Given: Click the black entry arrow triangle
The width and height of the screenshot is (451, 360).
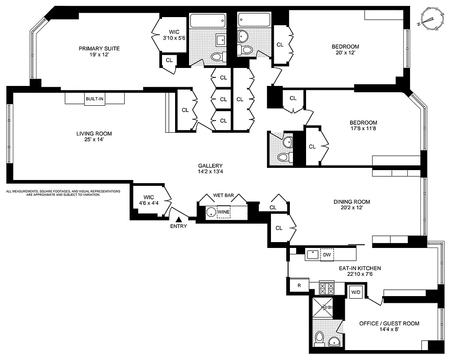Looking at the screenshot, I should tap(179, 219).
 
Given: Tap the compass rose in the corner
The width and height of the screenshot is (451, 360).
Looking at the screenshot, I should tap(431, 19).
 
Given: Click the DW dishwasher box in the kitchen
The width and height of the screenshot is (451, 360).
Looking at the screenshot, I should tap(327, 255).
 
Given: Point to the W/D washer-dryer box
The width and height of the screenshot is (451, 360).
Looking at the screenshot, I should tap(356, 292).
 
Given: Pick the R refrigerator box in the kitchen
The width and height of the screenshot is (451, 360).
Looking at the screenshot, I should tap(298, 285).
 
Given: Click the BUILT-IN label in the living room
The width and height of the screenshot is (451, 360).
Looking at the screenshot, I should tap(95, 99).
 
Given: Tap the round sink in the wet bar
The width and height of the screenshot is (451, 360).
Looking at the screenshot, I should tap(210, 212).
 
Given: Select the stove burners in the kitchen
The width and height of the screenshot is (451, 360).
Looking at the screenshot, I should tap(326, 287).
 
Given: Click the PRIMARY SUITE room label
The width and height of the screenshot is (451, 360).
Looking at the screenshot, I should tap(99, 49).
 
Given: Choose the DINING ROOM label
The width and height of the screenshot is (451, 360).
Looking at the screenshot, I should tap(352, 202).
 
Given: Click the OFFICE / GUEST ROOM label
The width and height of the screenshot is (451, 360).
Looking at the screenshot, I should tap(389, 323).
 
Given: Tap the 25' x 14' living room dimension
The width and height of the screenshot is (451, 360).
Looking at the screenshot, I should tap(94, 139).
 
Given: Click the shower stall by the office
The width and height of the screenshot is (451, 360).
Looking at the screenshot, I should tap(323, 308).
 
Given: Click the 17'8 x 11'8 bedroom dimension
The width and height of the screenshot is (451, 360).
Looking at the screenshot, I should tap(363, 129).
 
